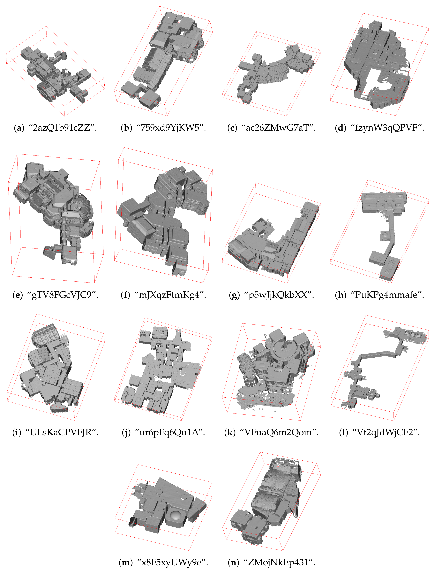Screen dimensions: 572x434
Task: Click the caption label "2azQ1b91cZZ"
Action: pos(61,128)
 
